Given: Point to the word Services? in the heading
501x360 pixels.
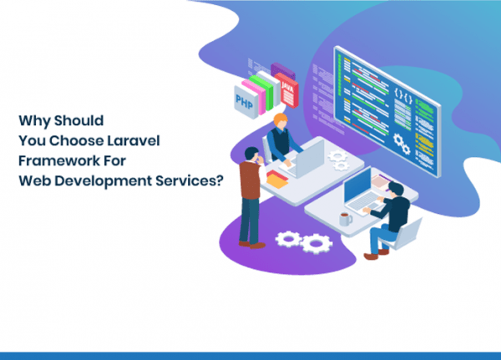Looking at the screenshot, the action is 190,180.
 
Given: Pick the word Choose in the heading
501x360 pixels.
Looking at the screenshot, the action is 76,140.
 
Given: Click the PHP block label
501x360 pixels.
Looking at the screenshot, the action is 244,102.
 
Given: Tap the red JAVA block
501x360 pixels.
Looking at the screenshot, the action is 286,90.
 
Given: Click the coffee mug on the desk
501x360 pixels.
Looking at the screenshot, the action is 346,220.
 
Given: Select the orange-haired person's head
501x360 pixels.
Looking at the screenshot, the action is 281,120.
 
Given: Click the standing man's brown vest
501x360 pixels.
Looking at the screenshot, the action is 250,180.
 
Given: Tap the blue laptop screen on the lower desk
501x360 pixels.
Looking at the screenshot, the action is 357,185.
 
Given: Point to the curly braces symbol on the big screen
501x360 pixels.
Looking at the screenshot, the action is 403,95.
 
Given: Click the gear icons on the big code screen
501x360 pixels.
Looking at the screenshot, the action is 402,144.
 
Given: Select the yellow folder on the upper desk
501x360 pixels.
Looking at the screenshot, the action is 276,181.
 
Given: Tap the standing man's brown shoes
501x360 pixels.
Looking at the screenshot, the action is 252,245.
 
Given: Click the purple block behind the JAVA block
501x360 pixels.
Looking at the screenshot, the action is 282,71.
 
